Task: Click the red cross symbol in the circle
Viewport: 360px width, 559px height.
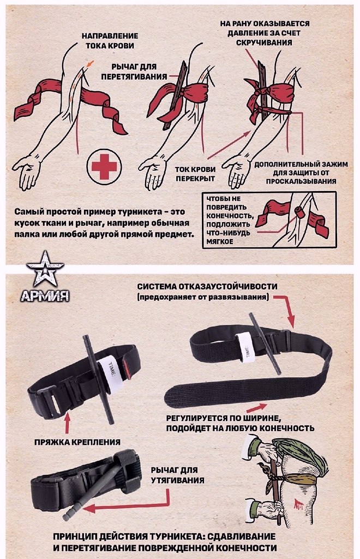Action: coord(104,166)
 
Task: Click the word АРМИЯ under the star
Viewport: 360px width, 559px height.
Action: coord(45,296)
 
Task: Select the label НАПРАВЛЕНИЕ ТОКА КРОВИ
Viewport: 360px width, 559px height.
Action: coord(110,40)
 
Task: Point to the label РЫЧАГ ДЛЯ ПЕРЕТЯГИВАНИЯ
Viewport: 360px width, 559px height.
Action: coord(134,72)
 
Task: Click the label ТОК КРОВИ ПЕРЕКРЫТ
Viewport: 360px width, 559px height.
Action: coord(195,174)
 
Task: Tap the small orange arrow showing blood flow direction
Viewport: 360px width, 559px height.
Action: coord(90,64)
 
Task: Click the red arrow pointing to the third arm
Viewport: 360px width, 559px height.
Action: coord(229,144)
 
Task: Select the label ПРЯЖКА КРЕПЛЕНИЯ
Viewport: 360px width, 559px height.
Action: coord(77,442)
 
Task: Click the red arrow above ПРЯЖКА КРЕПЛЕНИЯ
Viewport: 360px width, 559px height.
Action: coord(67,422)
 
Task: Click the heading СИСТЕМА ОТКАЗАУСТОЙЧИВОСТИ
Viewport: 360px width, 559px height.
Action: coord(207,287)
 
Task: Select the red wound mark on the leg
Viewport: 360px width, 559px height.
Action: coord(298,503)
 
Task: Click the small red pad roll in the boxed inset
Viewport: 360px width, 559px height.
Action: coord(299,212)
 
